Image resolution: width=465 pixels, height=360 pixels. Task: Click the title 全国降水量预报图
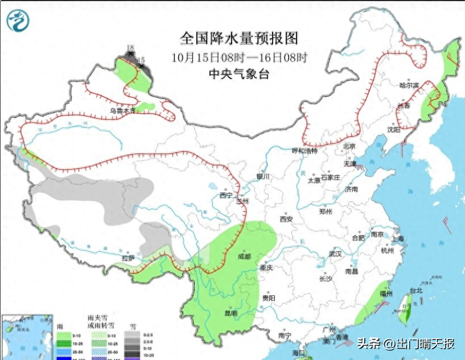tap(239, 38)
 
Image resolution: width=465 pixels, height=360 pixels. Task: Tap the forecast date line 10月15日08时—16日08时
tap(239, 57)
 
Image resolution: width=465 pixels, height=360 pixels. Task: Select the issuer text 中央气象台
tap(239, 74)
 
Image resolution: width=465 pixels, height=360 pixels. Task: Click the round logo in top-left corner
tap(18, 20)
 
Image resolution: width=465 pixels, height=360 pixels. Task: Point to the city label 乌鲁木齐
tap(121, 111)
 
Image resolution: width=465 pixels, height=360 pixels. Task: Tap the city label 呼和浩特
tap(305, 150)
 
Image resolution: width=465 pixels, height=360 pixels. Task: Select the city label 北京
tap(349, 147)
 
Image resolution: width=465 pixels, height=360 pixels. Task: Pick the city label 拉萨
tap(128, 258)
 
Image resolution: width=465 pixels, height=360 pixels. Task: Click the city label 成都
tap(244, 257)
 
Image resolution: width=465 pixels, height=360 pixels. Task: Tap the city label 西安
tap(285, 219)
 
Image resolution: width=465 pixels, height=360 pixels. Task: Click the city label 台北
tap(415, 290)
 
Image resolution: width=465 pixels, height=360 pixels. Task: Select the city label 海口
tap(299, 352)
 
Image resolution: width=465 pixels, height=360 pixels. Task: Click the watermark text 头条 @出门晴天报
tap(406, 344)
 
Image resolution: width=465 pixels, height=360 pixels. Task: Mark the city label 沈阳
tap(393, 130)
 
